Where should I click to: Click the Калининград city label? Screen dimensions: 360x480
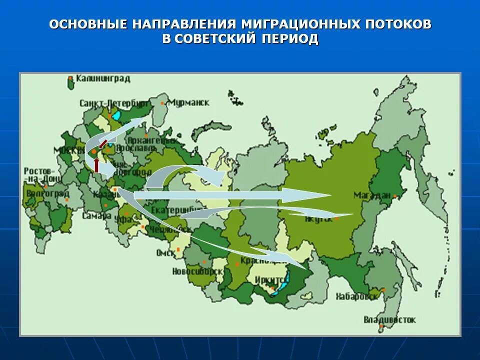[x=102, y=78]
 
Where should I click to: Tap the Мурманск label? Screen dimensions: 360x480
[x=189, y=102]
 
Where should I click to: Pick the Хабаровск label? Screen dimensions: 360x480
[x=357, y=296]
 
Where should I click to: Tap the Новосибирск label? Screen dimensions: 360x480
[x=197, y=271]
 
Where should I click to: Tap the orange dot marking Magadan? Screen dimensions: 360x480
[x=394, y=195]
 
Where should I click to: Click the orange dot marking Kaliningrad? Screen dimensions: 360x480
[x=70, y=78]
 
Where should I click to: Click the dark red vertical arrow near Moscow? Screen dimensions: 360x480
[x=96, y=165]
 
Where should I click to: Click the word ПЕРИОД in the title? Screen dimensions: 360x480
[x=289, y=39]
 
